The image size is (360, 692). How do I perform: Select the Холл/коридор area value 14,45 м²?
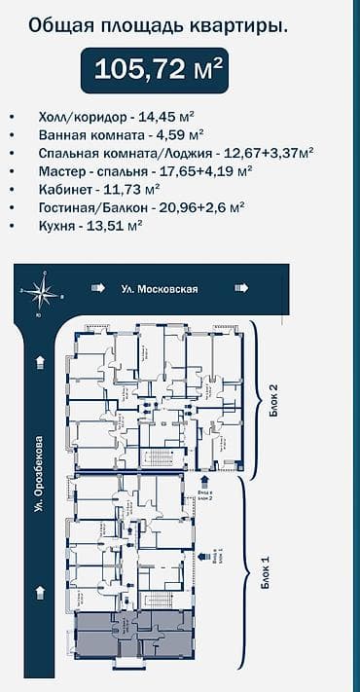click(170, 115)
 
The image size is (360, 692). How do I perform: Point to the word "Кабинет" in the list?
click(64, 188)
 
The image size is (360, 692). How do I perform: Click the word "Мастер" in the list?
click(62, 169)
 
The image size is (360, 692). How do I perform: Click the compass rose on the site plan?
click(40, 289)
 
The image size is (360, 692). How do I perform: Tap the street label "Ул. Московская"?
click(161, 289)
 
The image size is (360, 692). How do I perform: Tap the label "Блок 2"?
click(274, 398)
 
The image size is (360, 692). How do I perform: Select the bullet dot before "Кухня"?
click(12, 226)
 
